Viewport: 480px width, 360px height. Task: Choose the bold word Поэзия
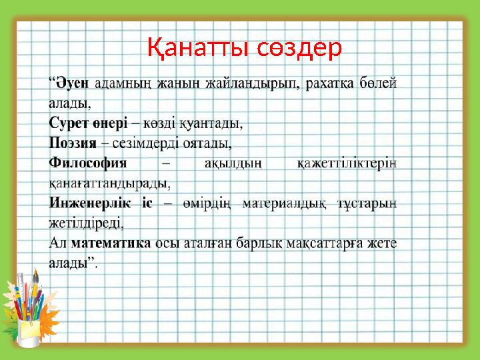coord(73,143)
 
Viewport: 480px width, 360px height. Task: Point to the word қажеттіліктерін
coord(347,163)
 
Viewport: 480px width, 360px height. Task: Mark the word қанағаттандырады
coord(109,182)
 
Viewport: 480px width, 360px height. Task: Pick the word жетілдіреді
coord(85,221)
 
